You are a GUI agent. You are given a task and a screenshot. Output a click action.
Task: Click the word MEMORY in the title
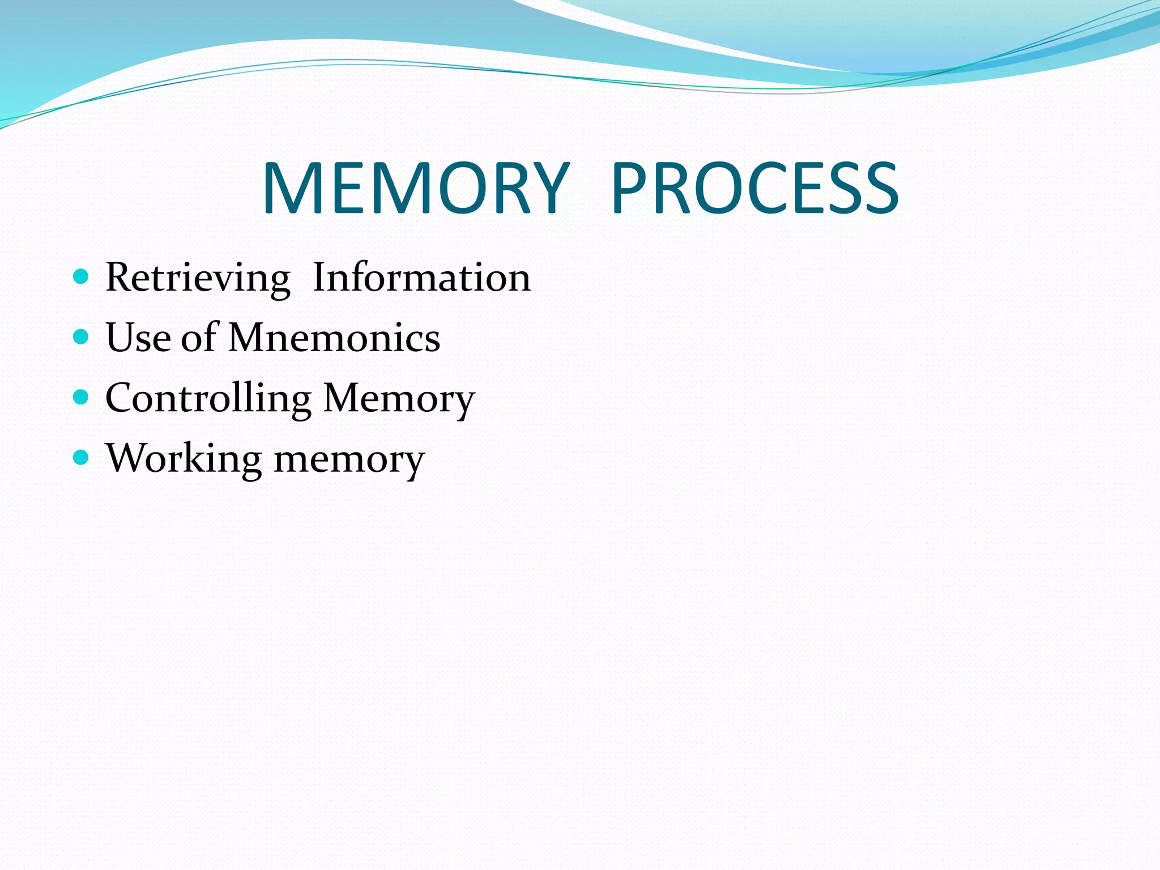[415, 189]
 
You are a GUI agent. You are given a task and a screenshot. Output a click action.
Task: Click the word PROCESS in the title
[755, 189]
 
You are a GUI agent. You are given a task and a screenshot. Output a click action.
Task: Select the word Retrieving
[198, 278]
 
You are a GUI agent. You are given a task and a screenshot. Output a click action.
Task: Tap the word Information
[422, 278]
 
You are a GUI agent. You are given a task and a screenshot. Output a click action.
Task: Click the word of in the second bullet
[199, 338]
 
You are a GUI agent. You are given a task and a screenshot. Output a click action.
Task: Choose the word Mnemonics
[334, 338]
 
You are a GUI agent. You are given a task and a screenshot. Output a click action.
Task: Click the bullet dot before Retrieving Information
[82, 276]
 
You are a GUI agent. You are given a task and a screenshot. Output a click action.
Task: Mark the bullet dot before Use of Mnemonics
[82, 337]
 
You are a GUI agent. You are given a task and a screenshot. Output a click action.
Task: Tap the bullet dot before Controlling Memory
[82, 397]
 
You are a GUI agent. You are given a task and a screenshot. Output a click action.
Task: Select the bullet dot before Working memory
[82, 457]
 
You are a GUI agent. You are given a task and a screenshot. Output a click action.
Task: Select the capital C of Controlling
[121, 398]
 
